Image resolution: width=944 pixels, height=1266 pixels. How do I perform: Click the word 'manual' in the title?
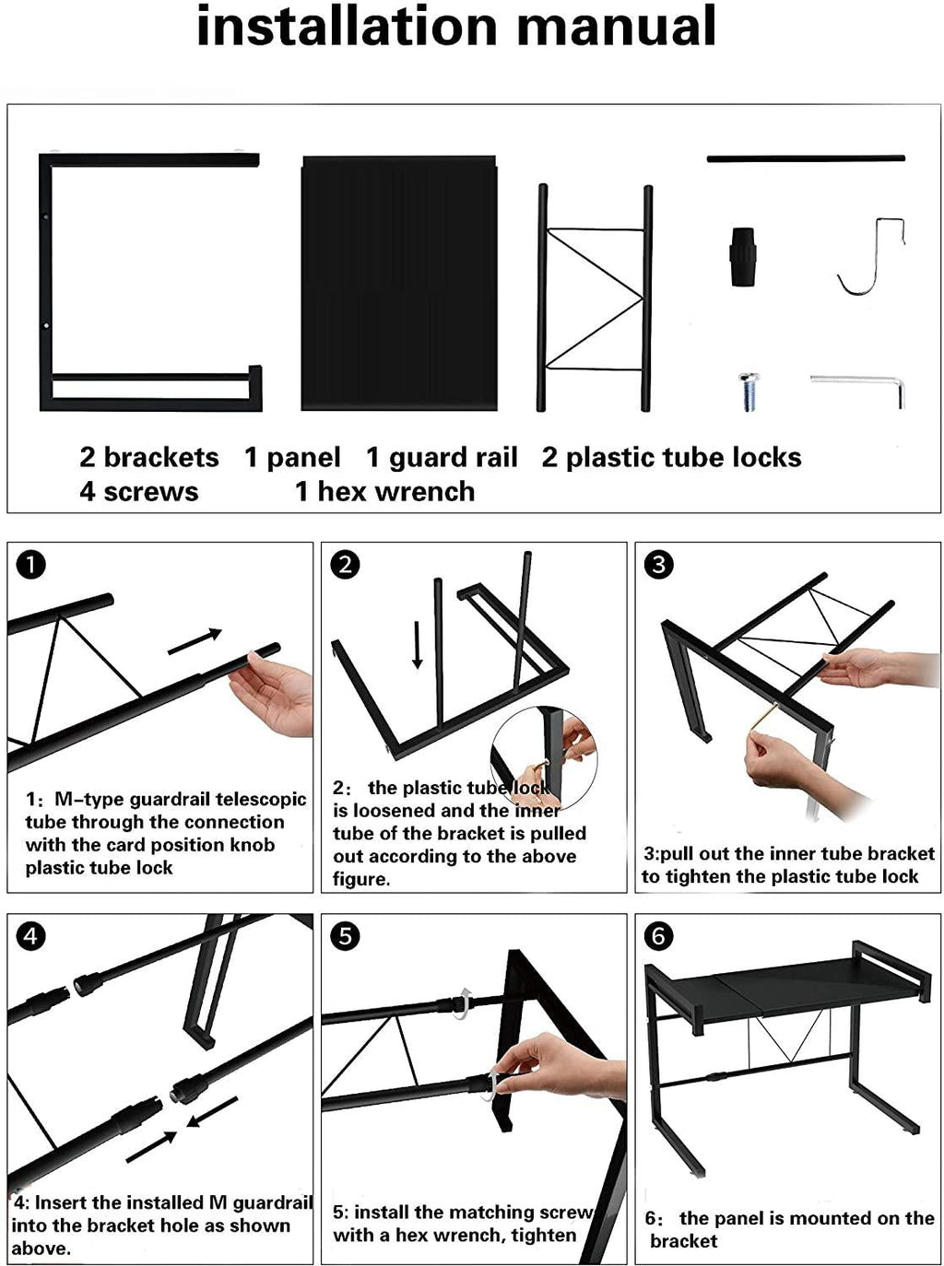[616, 26]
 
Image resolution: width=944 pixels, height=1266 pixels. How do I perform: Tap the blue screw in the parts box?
[749, 393]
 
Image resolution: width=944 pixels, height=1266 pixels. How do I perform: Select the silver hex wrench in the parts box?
[857, 391]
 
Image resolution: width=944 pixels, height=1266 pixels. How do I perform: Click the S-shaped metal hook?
[871, 256]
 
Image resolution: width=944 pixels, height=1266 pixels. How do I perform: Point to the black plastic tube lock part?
[743, 257]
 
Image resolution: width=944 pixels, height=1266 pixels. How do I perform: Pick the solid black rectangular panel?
[399, 283]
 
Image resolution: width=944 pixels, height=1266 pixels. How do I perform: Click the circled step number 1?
[31, 565]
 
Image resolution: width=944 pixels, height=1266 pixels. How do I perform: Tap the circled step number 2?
[345, 565]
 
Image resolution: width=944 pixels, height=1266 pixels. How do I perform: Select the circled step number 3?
[658, 565]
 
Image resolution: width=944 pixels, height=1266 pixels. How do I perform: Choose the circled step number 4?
[31, 935]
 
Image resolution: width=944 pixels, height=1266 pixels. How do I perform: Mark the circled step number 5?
[345, 935]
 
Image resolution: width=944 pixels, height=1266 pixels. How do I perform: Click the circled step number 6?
[658, 935]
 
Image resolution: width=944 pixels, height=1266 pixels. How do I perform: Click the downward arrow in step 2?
[418, 644]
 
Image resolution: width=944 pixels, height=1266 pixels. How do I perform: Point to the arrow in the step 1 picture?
[195, 641]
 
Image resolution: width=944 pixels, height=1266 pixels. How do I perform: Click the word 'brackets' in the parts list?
[161, 457]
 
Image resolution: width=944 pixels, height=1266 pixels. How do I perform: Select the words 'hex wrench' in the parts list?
[395, 491]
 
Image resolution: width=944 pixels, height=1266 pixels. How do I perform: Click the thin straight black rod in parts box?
[806, 158]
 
